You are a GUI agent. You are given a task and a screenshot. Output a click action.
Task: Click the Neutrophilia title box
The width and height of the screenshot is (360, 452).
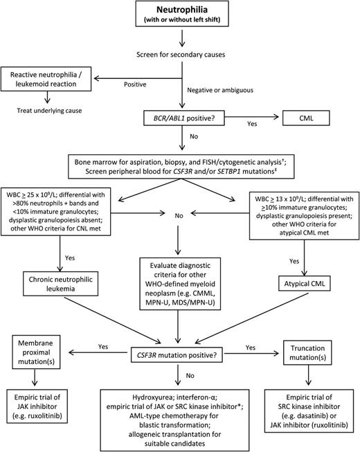[x=179, y=19]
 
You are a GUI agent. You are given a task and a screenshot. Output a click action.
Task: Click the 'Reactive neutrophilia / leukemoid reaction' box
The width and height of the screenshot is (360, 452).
[x=51, y=79]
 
